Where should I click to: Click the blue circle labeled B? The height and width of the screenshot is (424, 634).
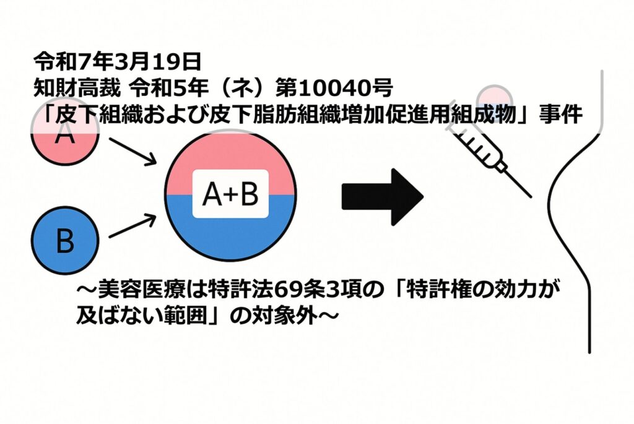coord(65,240)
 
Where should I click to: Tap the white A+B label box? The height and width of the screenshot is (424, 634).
coord(230,194)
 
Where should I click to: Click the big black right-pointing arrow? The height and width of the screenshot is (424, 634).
coord(382,197)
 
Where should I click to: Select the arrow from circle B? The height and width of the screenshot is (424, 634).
coord(132,226)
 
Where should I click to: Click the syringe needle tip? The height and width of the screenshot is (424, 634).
coord(531,197)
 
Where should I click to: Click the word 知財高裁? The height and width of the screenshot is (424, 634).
coord(77,89)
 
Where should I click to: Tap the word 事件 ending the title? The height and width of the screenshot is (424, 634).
coord(561,115)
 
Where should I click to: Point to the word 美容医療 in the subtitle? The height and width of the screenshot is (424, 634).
coord(141,290)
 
